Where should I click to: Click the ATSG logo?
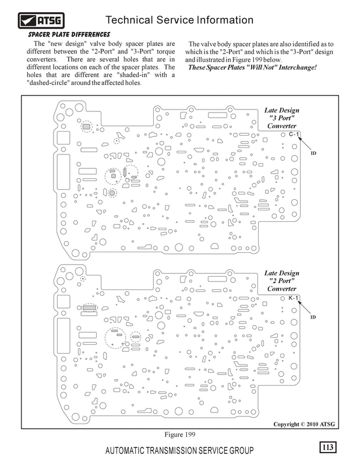[x=41, y=20]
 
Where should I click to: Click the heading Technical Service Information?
[x=179, y=20]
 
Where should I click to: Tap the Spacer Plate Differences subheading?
[x=69, y=34]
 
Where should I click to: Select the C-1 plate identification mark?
[x=294, y=134]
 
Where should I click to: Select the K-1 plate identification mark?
[x=293, y=298]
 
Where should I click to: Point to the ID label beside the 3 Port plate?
[x=313, y=153]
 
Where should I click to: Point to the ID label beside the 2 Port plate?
[x=313, y=317]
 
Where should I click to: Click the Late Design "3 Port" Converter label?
[x=281, y=118]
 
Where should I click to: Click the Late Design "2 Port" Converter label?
[x=281, y=281]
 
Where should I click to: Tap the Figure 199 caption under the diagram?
[x=180, y=435]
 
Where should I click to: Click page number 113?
[x=327, y=447]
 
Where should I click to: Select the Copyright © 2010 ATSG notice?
[x=304, y=424]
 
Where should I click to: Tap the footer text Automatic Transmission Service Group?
[x=179, y=450]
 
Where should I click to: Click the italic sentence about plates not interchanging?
[x=252, y=67]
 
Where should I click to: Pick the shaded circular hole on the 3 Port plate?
[x=112, y=193]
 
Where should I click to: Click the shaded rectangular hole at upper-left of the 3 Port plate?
[x=86, y=126]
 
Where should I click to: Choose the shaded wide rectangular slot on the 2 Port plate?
[x=90, y=308]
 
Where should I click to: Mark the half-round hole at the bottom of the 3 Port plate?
[x=214, y=246]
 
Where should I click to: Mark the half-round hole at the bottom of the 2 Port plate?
[x=214, y=410]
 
